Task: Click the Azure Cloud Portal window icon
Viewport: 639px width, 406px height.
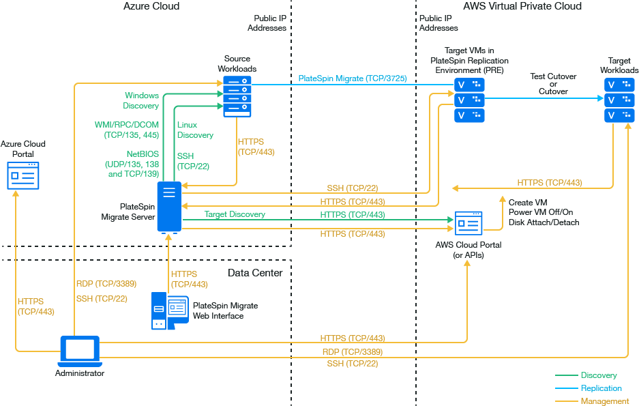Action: tap(23, 175)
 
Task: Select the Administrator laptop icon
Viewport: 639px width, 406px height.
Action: tap(80, 351)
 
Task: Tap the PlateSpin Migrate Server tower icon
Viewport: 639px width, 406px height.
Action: tap(168, 206)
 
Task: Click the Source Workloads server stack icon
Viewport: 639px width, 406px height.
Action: tap(237, 94)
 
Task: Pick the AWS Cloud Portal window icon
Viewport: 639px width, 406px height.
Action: tap(469, 223)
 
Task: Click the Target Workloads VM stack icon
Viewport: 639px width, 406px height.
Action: tap(619, 100)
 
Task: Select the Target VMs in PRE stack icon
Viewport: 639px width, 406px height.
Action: tap(469, 100)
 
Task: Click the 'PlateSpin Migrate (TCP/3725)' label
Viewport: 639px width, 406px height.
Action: tap(352, 78)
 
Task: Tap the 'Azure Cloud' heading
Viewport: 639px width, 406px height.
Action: tap(151, 6)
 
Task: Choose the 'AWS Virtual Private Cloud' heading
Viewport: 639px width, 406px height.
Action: tap(522, 6)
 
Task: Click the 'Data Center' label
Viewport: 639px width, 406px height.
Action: tap(254, 273)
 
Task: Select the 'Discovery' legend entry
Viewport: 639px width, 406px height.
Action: tap(599, 375)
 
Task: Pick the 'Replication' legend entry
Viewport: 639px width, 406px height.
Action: tap(601, 388)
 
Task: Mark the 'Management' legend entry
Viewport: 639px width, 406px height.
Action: tap(604, 401)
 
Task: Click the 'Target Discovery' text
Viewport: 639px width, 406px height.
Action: tap(235, 214)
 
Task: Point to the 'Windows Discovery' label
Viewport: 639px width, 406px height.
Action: tap(141, 100)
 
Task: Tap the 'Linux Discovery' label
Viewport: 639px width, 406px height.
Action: tap(195, 130)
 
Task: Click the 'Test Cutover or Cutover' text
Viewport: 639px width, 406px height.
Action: tap(553, 84)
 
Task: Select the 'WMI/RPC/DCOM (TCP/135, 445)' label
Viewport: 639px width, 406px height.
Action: tap(126, 130)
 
